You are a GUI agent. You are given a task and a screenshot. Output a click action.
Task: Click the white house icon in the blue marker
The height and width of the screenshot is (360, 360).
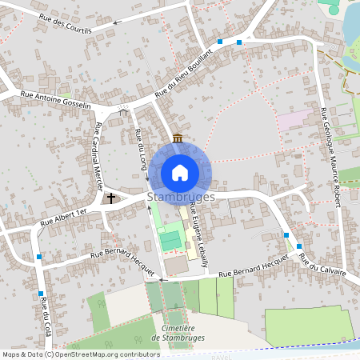click(180, 172)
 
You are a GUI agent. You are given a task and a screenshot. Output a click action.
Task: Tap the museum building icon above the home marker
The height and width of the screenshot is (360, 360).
click(177, 138)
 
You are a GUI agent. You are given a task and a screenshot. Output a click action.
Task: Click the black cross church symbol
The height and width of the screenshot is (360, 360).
click(111, 197)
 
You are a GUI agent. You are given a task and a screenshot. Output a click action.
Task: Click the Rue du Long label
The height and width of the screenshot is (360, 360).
click(142, 150)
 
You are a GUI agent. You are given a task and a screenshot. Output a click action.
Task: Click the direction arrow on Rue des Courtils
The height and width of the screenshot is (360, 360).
click(116, 22)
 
